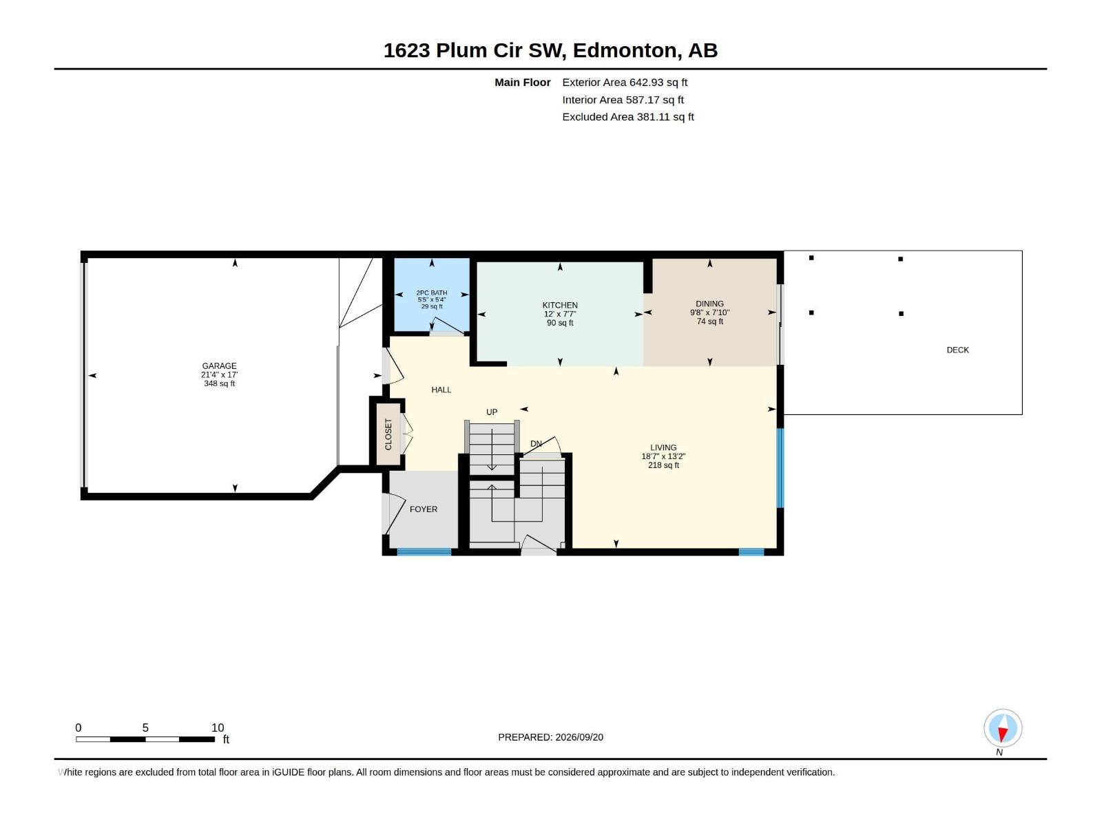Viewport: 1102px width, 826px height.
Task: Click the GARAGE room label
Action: [219, 366]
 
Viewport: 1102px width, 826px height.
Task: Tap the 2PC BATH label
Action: [432, 293]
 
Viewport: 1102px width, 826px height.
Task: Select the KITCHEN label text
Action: [560, 305]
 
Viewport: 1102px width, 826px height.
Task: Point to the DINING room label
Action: [709, 304]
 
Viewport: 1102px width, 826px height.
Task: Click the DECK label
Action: [957, 350]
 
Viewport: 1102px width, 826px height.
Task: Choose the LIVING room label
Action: [663, 447]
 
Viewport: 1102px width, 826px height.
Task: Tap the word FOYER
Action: [423, 509]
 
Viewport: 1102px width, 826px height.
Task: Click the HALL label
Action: [441, 390]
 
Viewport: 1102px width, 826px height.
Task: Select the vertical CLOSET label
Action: [388, 434]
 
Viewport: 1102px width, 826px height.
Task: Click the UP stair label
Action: [492, 412]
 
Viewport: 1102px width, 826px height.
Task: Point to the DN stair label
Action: [536, 444]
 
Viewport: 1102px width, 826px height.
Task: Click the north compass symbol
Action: [1003, 728]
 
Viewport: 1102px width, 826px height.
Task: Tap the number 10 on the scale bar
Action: [218, 728]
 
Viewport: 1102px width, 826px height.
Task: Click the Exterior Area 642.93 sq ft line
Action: [625, 82]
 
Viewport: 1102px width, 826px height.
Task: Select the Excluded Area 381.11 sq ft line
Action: [628, 117]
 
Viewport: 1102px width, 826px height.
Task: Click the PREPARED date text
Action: [551, 737]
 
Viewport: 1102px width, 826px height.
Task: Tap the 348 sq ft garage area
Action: [219, 383]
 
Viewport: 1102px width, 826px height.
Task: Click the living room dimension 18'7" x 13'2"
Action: [663, 456]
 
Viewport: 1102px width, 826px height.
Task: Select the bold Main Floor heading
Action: [523, 82]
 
